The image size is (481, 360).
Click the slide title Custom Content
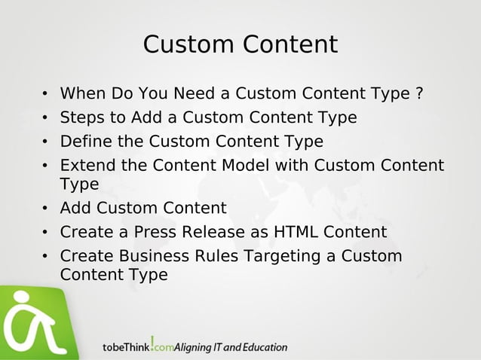coord(240,44)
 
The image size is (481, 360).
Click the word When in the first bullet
coord(83,94)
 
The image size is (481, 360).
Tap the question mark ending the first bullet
coord(418,94)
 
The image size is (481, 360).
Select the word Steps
coord(81,117)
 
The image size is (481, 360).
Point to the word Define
coord(84,142)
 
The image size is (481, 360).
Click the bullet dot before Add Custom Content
coord(45,209)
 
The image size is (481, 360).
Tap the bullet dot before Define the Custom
coord(45,142)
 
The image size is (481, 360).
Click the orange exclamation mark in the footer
coord(153,343)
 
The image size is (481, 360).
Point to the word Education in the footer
coord(262,347)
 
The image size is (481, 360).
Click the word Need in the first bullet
coord(198,94)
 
